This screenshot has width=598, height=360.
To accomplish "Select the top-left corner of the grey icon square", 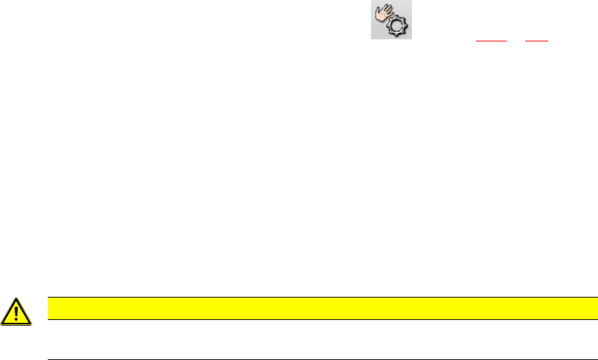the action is point(372,1).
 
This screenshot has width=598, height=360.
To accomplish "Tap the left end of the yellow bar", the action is point(48,308).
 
